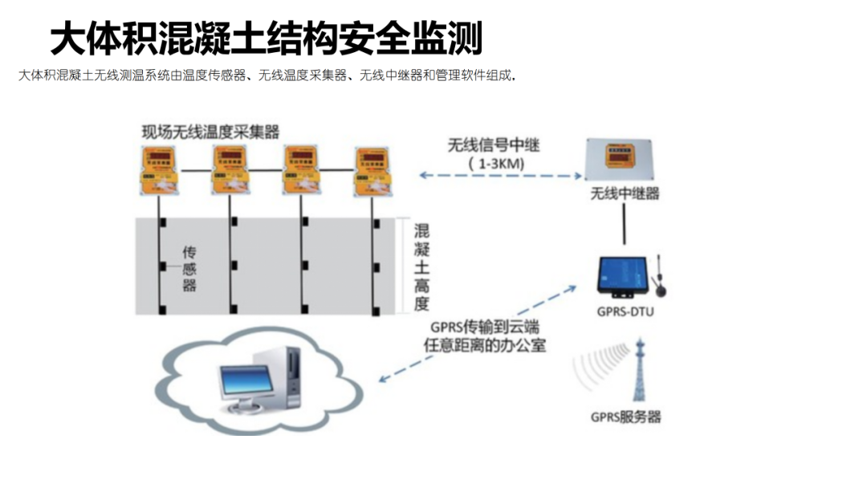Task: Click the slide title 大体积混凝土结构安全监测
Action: [x=266, y=38]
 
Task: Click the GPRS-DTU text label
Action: [x=627, y=311]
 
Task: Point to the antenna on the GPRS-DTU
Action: [x=658, y=274]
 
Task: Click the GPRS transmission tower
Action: [x=640, y=371]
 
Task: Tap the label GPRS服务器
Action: [x=626, y=417]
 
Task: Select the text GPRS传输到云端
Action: [x=473, y=327]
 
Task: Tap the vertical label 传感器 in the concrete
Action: [x=189, y=268]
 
